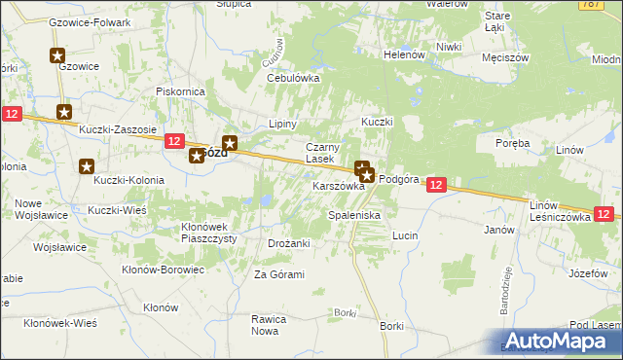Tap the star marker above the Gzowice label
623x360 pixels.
point(57,57)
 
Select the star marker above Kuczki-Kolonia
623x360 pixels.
point(86,166)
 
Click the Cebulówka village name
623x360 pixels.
point(293,78)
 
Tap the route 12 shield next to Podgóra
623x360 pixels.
point(436,184)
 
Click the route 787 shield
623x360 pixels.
point(612,6)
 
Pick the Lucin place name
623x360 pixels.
point(405,235)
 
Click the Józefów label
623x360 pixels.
point(587,273)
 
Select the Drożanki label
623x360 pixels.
point(288,243)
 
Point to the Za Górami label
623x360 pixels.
point(279,274)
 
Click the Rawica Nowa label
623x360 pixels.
point(272,324)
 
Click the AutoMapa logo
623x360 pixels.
point(561,342)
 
